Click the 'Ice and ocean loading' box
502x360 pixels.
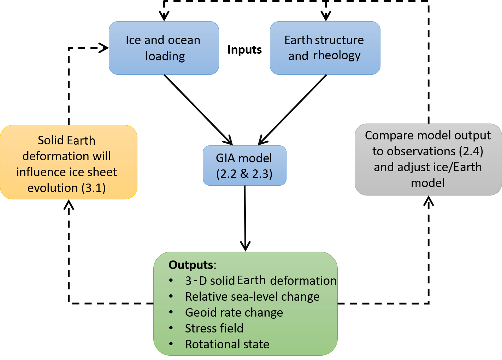164,48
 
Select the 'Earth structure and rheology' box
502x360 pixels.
325,48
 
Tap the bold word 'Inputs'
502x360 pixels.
244,50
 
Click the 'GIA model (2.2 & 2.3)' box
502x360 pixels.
244,166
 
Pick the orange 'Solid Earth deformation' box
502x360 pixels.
68,162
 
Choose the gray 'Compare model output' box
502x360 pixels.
428,159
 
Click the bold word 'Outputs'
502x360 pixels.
191,265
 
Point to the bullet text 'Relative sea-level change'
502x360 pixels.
252,297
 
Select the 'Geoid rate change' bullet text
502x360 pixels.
234,313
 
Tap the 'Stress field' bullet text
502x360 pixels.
214,329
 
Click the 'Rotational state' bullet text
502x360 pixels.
227,344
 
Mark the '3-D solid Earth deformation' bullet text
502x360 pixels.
261,281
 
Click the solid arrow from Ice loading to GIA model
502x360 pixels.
198,109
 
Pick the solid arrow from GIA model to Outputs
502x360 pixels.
245,217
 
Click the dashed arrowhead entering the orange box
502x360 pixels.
69,204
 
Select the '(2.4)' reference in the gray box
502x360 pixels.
471,151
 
